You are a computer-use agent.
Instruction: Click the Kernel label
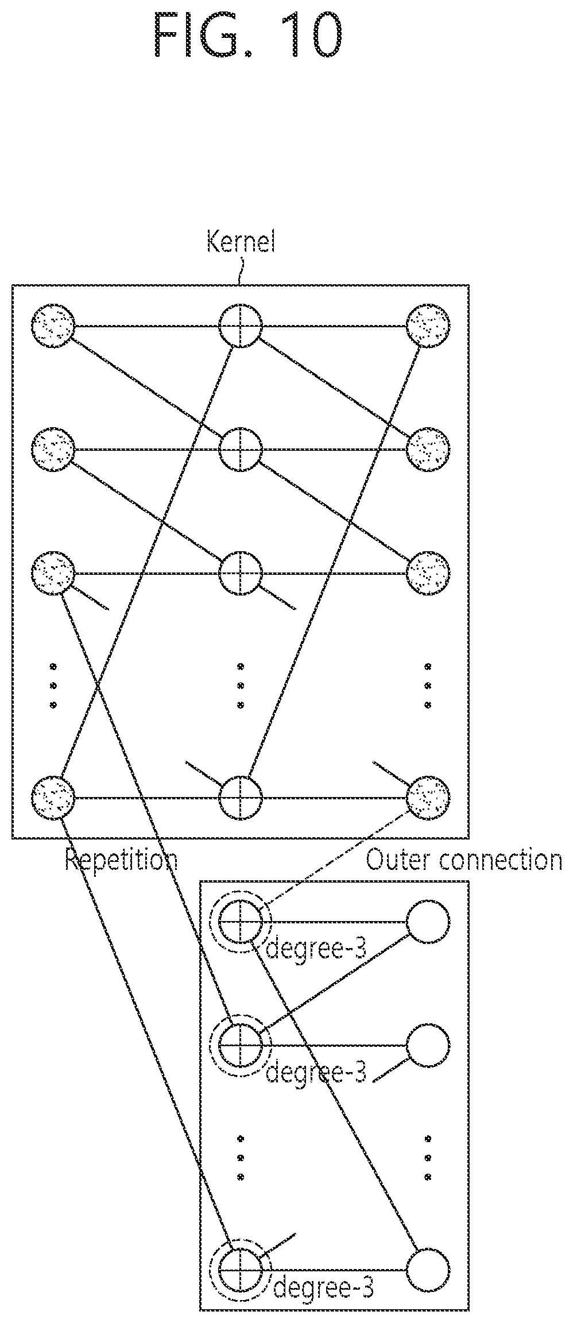[x=241, y=243]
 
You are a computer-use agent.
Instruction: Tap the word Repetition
[x=121, y=860]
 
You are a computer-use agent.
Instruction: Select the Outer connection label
[x=464, y=860]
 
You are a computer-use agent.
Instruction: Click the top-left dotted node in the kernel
[x=53, y=326]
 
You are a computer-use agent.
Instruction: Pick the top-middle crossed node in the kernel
[x=241, y=326]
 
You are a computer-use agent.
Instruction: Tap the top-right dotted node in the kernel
[x=428, y=326]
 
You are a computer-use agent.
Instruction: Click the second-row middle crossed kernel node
[x=241, y=449]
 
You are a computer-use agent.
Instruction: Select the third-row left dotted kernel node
[x=53, y=572]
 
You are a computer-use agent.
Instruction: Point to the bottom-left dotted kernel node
[x=53, y=798]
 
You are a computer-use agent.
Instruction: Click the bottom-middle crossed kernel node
[x=241, y=798]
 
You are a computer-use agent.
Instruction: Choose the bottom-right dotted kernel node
[x=428, y=798]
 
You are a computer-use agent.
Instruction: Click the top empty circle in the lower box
[x=428, y=922]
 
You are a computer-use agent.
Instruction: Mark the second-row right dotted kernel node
[x=428, y=449]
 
